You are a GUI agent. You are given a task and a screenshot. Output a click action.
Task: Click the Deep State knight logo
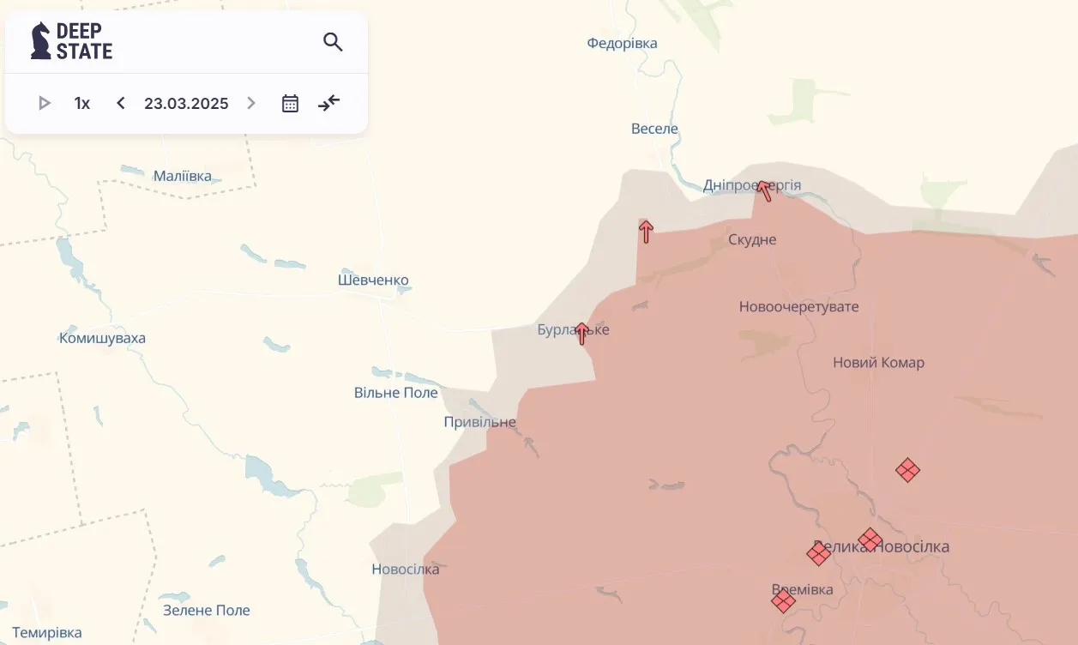40,41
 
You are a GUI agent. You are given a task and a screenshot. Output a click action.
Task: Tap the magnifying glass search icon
333,42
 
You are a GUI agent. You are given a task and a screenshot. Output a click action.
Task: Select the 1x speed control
82,104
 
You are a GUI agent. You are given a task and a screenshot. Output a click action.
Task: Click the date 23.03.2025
186,104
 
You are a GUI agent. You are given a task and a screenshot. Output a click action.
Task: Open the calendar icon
291,104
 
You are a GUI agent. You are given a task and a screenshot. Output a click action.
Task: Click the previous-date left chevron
121,104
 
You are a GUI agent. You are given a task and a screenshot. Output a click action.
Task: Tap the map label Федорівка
622,43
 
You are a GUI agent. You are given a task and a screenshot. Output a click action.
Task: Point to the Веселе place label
654,129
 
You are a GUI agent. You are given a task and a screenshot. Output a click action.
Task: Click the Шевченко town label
373,280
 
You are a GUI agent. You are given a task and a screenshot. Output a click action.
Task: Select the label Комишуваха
102,338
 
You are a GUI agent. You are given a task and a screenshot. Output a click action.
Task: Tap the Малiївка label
183,176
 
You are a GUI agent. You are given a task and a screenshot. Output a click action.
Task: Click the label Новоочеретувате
798,306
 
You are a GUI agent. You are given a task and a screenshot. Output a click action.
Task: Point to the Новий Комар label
878,363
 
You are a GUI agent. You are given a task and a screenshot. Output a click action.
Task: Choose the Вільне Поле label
396,393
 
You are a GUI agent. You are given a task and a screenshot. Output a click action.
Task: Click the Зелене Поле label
207,611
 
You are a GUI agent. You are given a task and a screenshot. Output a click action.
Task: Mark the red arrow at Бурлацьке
582,333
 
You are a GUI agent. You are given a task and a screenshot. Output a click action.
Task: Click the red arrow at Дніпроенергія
763,190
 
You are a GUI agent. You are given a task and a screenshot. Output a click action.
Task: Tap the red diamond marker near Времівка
783,600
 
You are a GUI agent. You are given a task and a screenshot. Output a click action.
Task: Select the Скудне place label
752,239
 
